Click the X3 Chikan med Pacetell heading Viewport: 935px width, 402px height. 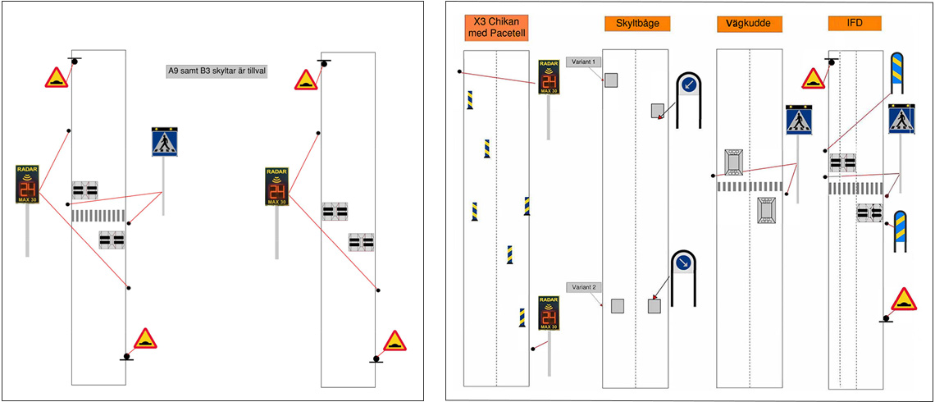tap(495, 28)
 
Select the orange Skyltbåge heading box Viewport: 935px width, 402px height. tap(637, 24)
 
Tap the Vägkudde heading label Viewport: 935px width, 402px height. tap(748, 24)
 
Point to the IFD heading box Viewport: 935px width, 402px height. tap(854, 24)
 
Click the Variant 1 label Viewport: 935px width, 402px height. tap(585, 62)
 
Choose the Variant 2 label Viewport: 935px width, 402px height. tap(585, 287)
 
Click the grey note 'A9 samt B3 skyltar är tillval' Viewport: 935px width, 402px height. tap(218, 71)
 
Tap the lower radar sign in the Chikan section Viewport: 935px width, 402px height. tap(549, 313)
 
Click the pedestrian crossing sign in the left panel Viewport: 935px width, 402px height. tap(164, 142)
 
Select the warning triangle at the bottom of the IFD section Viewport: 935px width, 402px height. tap(904, 299)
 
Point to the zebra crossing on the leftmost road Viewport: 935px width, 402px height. tap(98, 215)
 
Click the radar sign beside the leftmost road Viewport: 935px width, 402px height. tap(27, 185)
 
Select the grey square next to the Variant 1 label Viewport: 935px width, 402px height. tap(612, 80)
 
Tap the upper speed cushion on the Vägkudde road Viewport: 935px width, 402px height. tap(732, 162)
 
